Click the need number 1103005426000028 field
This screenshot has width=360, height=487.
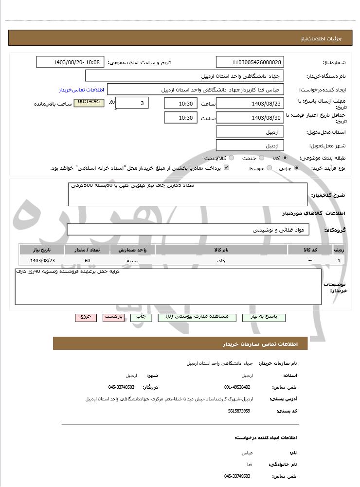(x=250, y=62)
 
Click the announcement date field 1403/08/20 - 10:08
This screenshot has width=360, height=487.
(x=70, y=62)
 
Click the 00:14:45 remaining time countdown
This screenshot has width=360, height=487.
(x=89, y=102)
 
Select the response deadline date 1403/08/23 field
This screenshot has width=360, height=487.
(x=250, y=104)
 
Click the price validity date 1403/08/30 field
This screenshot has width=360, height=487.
(x=250, y=118)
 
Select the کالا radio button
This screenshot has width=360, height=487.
(x=285, y=158)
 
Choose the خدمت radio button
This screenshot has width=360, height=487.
(x=262, y=158)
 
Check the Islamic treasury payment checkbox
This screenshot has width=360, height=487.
(x=226, y=168)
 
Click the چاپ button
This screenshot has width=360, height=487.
(x=141, y=317)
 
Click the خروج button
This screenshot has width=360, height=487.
(x=86, y=317)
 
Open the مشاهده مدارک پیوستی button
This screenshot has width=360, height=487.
(x=197, y=317)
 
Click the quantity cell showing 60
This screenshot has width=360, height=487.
(x=87, y=261)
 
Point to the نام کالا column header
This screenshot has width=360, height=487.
(x=221, y=250)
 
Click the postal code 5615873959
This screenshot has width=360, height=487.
(x=239, y=411)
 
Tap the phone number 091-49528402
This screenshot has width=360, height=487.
(x=237, y=387)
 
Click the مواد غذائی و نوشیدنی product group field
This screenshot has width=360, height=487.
(x=188, y=230)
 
